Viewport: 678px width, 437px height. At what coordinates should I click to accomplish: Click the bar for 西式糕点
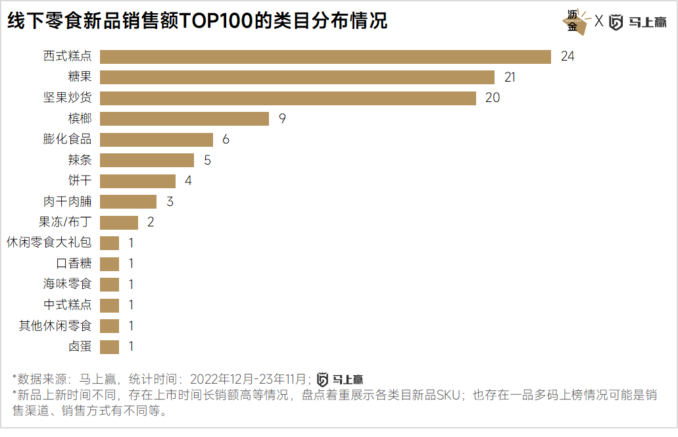(x=326, y=57)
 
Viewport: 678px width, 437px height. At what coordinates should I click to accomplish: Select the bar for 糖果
(x=297, y=78)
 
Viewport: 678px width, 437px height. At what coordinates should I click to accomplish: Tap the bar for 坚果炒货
(x=288, y=98)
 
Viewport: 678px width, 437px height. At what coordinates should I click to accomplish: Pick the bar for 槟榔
(x=185, y=118)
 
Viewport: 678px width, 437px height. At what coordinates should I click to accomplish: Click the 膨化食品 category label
(x=68, y=140)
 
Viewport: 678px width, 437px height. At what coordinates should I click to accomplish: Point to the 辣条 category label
(x=80, y=160)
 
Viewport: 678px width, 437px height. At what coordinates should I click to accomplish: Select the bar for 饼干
(x=138, y=181)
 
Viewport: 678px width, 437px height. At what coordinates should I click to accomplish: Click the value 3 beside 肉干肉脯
(x=170, y=201)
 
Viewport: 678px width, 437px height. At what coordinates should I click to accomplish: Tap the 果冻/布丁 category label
(x=65, y=222)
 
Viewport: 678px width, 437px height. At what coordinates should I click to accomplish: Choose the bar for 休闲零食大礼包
(x=110, y=243)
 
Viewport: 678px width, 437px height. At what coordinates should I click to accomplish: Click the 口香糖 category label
(x=74, y=263)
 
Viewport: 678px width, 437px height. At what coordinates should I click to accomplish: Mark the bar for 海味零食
(x=110, y=284)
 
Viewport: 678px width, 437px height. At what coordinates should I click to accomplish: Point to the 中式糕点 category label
(x=68, y=305)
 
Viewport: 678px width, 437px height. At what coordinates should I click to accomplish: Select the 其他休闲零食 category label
(x=56, y=326)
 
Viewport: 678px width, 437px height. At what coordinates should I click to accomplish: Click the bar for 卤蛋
(x=110, y=346)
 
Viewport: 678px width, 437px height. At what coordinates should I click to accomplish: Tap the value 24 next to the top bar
(x=568, y=57)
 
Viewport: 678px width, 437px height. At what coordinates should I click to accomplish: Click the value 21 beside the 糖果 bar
(x=510, y=78)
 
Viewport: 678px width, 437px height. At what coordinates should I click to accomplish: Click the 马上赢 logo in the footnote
(x=340, y=379)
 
